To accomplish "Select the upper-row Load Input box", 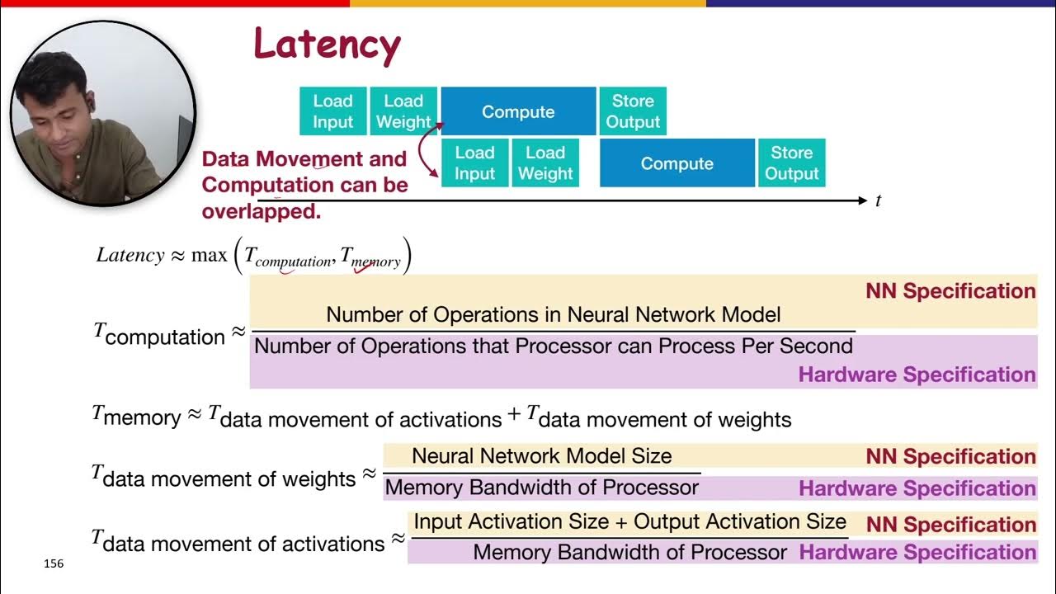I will click(x=332, y=111).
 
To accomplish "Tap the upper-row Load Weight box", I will click(x=403, y=111).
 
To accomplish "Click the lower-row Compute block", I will click(x=676, y=163).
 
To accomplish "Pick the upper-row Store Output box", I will click(x=633, y=111).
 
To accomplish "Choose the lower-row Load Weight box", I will click(x=545, y=163).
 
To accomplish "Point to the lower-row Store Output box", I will click(x=791, y=163).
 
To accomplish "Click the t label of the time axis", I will click(x=878, y=200).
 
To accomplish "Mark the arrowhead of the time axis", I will click(x=863, y=200).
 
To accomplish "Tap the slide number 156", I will click(x=53, y=564).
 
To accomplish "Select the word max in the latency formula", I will click(x=209, y=255).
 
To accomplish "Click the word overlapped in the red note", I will click(x=261, y=211).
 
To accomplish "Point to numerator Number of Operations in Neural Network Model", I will click(x=553, y=314).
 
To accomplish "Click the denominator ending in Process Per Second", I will click(x=553, y=346).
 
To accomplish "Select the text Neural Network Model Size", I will click(x=541, y=455).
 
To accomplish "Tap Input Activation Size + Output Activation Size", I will click(x=629, y=521).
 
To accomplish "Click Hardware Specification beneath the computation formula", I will click(x=917, y=375).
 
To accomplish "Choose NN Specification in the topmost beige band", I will click(x=950, y=291).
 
